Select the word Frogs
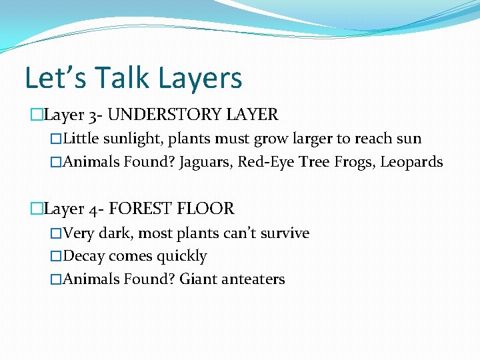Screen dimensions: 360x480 click(353, 162)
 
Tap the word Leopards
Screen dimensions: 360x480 click(411, 162)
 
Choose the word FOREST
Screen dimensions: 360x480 click(139, 209)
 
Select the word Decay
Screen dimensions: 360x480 click(84, 256)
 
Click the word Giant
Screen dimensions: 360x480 click(199, 279)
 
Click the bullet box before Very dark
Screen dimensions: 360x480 click(55, 234)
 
